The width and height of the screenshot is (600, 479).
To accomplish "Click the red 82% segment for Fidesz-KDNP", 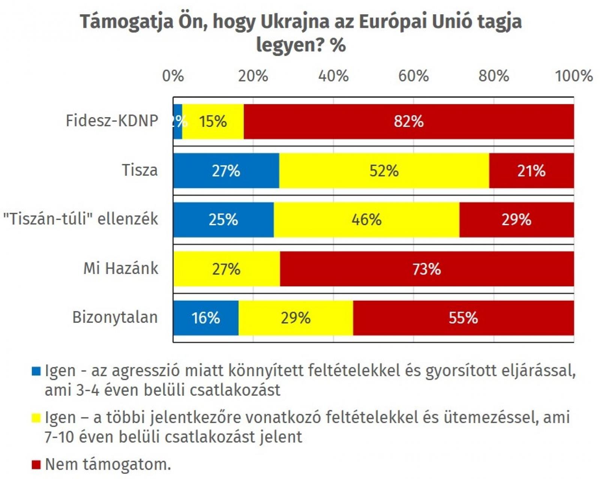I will [x=408, y=122].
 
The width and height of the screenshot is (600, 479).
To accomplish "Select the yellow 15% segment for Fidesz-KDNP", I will [x=213, y=122].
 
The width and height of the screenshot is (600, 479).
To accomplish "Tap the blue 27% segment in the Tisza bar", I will [x=226, y=171].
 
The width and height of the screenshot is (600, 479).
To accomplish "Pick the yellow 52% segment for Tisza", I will [x=384, y=171].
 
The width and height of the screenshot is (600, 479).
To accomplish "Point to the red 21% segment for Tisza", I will [x=531, y=171].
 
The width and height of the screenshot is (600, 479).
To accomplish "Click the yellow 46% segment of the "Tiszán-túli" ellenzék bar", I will [x=366, y=220].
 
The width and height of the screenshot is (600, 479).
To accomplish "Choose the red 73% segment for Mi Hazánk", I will [x=427, y=269].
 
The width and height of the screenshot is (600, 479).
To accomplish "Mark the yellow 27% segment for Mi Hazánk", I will [x=226, y=269].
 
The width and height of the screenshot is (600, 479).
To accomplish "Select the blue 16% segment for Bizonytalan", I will [x=206, y=318].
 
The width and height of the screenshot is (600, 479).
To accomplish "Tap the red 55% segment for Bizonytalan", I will [x=463, y=318].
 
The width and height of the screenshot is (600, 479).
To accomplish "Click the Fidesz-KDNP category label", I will [x=112, y=121].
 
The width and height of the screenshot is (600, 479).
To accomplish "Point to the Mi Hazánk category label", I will [x=121, y=268].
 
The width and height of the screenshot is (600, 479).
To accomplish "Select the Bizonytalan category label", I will [x=115, y=318].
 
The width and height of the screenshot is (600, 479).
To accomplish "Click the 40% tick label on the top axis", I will [x=333, y=76].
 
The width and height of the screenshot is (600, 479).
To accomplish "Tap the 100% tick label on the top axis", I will [x=574, y=76].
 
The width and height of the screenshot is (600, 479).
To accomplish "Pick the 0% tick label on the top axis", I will [x=173, y=76].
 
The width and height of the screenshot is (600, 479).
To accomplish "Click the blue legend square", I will [x=36, y=371].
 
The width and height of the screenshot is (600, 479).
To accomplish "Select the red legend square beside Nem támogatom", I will [x=36, y=465].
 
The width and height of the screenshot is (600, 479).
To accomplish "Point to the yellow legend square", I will [x=36, y=418].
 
